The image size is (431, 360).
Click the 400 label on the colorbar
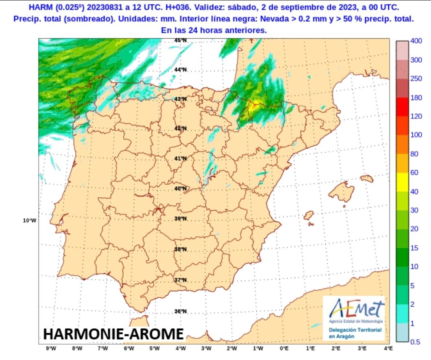coord(416,41)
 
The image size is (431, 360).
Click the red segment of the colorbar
coord(402,107)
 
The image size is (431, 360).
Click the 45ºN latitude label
coord(180,40)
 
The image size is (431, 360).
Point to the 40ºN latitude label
coord(180,189)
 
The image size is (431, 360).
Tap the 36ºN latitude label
coord(180,312)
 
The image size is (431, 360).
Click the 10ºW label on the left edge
coord(29,220)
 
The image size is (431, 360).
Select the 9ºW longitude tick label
coord(51,348)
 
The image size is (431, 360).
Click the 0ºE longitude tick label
coord(284,348)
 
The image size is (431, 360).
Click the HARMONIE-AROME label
coord(113,334)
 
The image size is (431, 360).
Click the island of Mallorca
coord(341,191)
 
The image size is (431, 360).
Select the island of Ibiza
coord(309,216)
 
